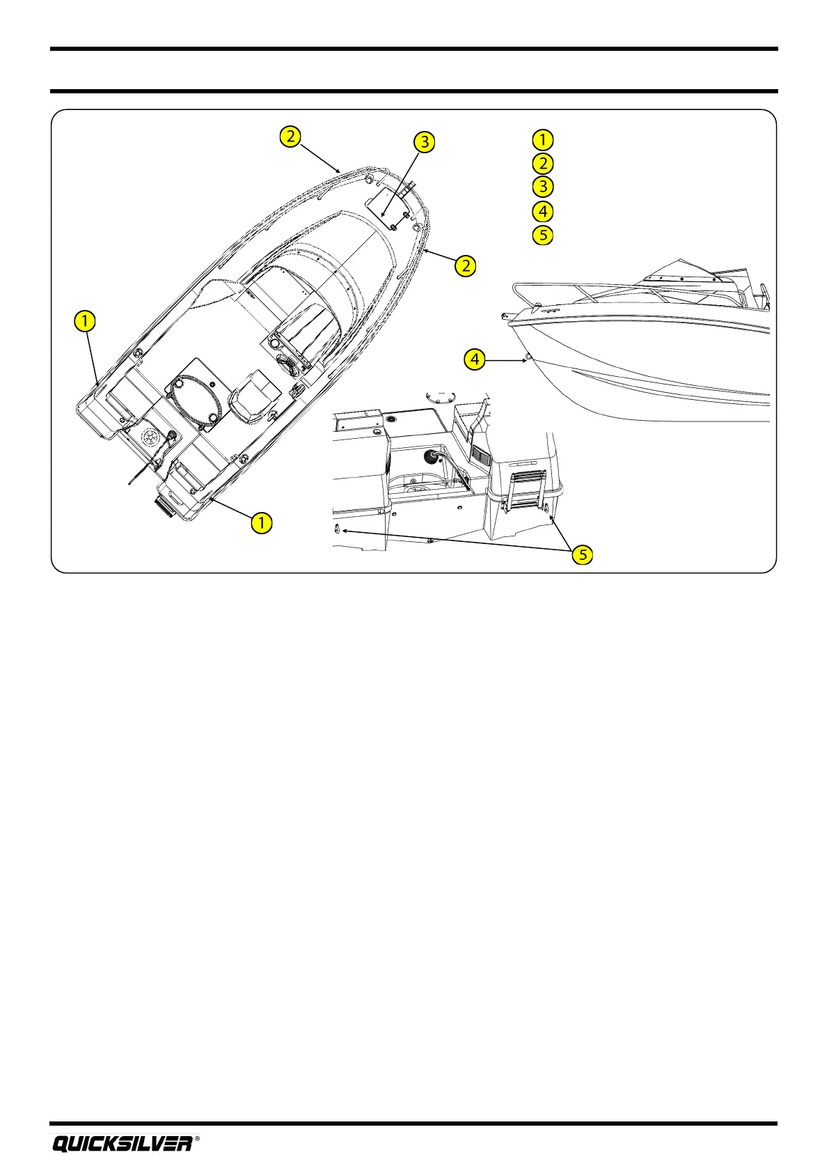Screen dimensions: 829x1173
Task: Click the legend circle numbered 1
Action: click(x=542, y=139)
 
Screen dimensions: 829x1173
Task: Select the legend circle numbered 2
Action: click(x=542, y=164)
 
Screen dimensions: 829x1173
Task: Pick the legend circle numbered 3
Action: click(x=542, y=187)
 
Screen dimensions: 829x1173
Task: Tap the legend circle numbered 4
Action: click(x=542, y=211)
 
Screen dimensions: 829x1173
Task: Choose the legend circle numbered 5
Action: click(x=542, y=235)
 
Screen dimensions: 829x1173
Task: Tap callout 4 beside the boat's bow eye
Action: click(x=475, y=359)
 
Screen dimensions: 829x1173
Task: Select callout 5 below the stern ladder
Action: click(x=583, y=554)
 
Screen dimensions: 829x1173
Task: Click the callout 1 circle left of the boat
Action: click(x=84, y=321)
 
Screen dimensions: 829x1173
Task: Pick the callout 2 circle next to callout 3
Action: click(x=290, y=136)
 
